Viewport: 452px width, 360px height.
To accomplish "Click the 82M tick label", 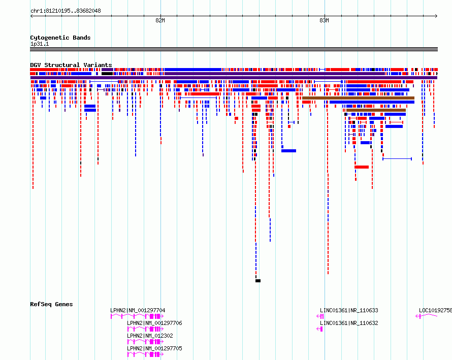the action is click(160, 20).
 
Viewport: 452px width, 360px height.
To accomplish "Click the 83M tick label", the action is click(324, 20).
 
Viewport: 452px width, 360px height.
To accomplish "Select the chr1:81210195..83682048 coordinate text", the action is click(66, 11).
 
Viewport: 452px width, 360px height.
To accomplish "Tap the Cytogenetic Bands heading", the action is click(60, 38).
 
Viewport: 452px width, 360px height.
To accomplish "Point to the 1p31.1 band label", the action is click(40, 44).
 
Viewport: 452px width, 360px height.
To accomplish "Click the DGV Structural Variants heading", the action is click(71, 65).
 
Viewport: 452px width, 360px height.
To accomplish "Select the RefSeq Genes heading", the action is click(51, 304).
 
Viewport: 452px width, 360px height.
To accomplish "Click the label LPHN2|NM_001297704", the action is click(138, 310).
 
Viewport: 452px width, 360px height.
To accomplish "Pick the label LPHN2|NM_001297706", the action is click(154, 323).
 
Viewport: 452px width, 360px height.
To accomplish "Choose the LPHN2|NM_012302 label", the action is click(150, 336).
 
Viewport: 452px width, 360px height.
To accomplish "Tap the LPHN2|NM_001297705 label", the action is click(154, 348).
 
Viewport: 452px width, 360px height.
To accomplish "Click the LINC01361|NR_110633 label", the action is click(349, 310).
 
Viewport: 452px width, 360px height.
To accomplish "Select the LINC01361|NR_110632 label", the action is click(349, 323).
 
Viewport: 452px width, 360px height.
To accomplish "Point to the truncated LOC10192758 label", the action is click(435, 310).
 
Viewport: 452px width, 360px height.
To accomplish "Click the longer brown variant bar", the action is click(358, 99).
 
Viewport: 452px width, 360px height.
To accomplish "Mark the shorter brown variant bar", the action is click(376, 110).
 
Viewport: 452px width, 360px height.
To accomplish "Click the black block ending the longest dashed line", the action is click(258, 281).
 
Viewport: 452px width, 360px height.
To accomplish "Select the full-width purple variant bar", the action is click(234, 78).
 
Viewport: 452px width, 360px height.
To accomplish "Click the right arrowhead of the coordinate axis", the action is click(436, 16).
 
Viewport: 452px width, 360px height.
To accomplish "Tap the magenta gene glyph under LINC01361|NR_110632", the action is click(319, 329).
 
